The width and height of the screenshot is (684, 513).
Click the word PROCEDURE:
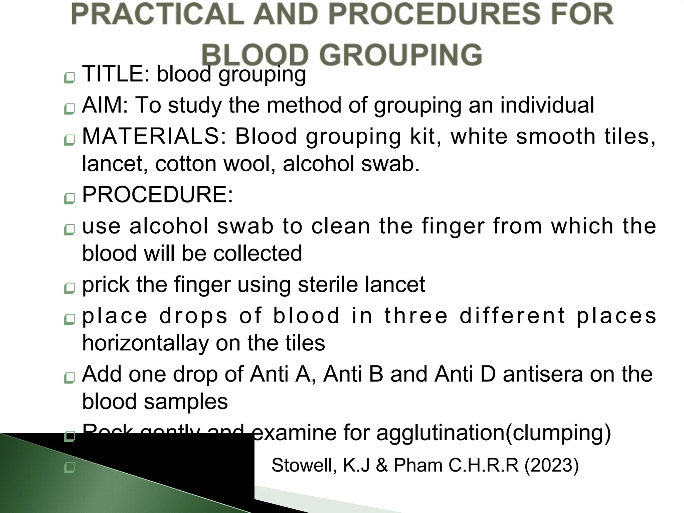157,194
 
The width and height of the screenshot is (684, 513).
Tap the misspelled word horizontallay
145,343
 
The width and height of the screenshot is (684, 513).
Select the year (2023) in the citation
551,465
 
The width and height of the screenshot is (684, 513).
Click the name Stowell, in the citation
304,465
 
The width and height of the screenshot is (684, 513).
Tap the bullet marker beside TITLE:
69,78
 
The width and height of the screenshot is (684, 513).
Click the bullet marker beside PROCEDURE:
69,199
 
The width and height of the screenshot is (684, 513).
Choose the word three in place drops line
416,316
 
